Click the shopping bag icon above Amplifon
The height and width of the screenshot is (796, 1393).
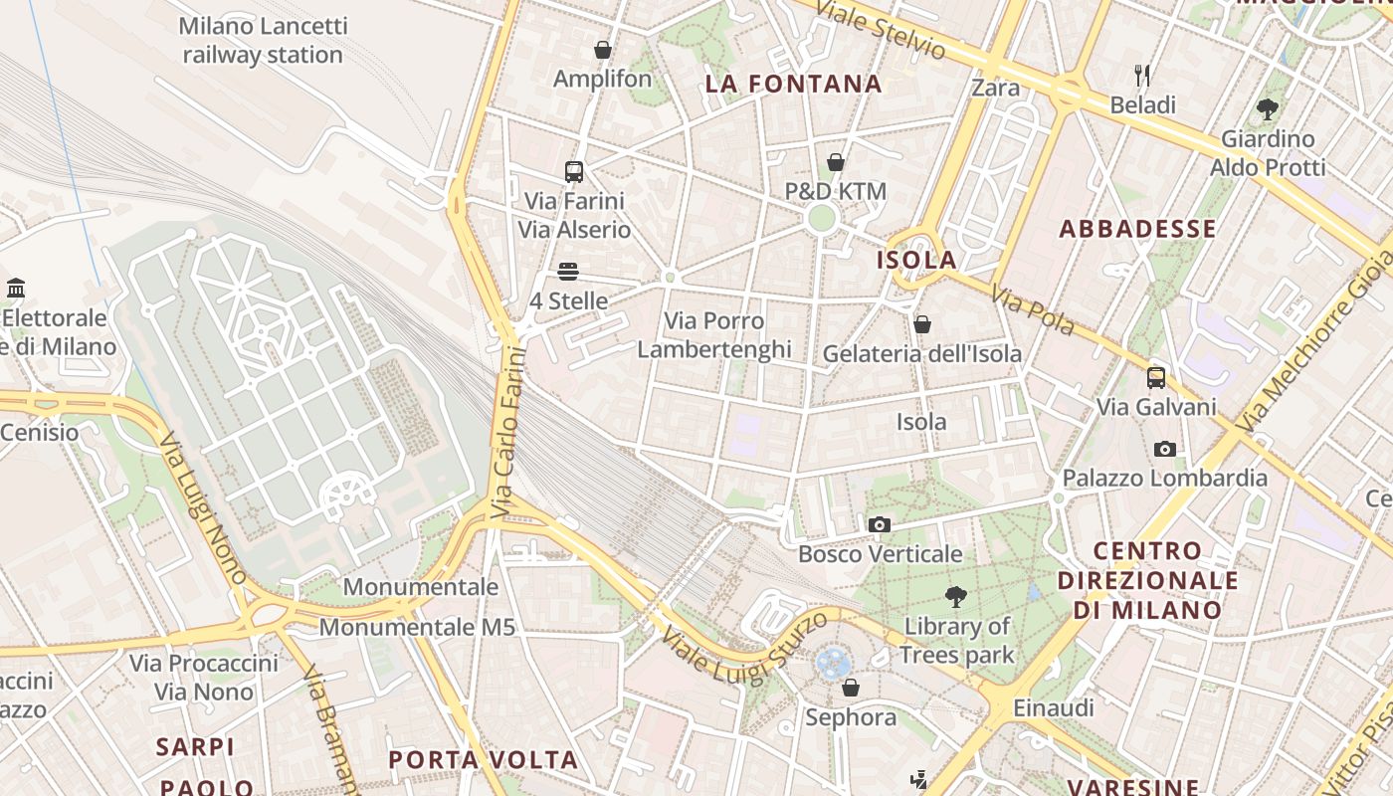(x=602, y=50)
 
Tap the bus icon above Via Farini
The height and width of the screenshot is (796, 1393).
(x=574, y=171)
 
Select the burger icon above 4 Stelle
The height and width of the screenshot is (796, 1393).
(x=568, y=271)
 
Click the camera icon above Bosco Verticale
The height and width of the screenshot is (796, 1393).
(x=879, y=524)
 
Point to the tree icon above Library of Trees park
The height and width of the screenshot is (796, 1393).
(x=956, y=597)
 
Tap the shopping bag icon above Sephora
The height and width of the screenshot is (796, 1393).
(x=850, y=688)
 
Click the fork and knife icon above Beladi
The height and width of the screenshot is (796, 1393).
(x=1142, y=75)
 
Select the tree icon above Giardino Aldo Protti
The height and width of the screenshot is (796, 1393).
(x=1267, y=109)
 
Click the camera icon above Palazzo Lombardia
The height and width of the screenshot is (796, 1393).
(x=1164, y=449)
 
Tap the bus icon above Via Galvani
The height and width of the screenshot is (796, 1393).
(x=1155, y=378)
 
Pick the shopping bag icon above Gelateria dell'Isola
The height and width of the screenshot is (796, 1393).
(x=921, y=324)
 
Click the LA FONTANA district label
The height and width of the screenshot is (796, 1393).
(x=793, y=85)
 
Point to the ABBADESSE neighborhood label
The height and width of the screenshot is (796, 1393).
(x=1137, y=229)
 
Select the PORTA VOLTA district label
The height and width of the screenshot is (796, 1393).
(x=483, y=760)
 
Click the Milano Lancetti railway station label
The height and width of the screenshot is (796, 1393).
(x=263, y=41)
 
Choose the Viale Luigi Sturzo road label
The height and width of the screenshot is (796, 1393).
(x=744, y=648)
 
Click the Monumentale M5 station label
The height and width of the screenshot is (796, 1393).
(x=417, y=628)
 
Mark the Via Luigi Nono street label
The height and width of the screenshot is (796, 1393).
(x=203, y=507)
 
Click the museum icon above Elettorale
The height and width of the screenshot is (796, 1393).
(x=16, y=289)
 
